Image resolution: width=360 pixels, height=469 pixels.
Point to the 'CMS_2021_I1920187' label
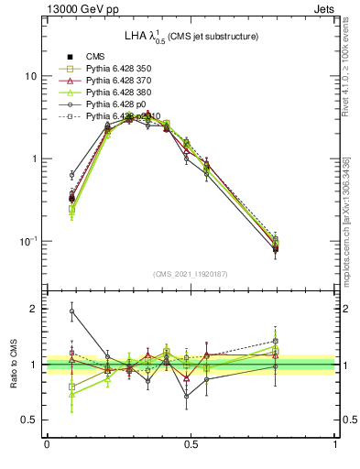(x=191, y=274)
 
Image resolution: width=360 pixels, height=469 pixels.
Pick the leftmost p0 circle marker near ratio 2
(x=71, y=311)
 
